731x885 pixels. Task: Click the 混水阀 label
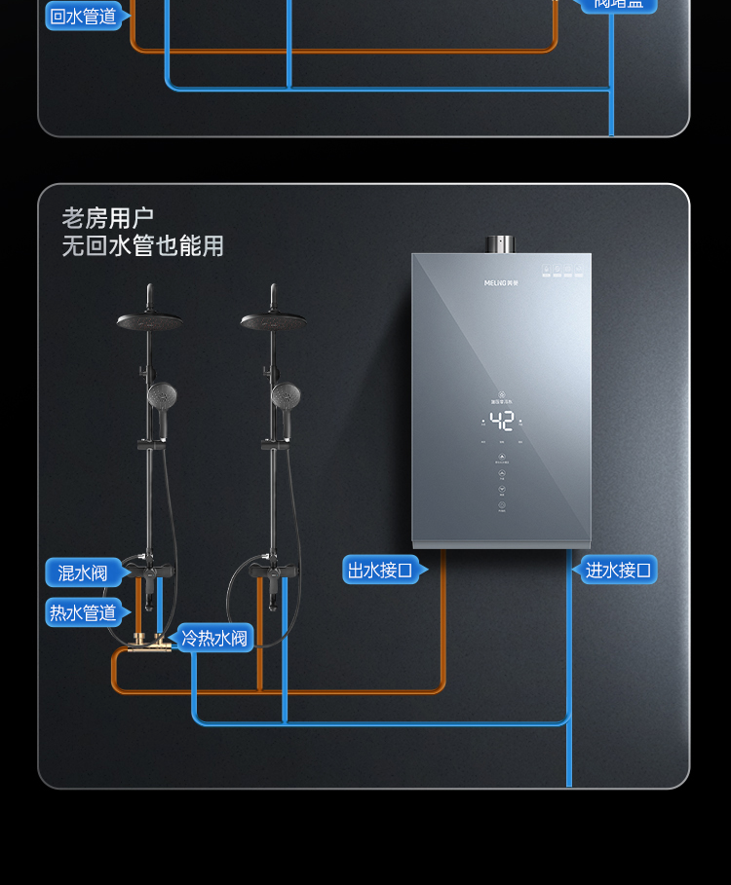point(83,572)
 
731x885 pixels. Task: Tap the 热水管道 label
point(84,612)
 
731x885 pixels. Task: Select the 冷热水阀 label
point(215,639)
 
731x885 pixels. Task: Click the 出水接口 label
point(380,570)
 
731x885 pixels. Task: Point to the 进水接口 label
point(618,570)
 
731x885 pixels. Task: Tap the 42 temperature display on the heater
point(502,422)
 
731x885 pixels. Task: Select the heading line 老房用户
point(108,218)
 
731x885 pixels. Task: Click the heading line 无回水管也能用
point(143,246)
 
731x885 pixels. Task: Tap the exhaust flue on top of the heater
point(502,243)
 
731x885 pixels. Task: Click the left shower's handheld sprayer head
point(161,395)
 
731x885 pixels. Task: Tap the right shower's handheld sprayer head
point(286,395)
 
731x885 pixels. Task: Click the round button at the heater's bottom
point(502,506)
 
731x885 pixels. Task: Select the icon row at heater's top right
point(566,270)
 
